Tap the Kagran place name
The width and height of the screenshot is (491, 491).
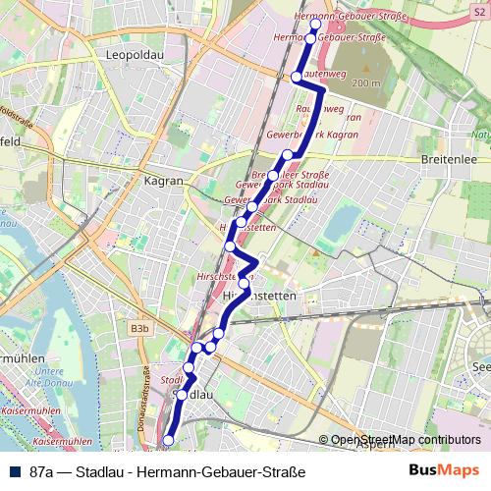tap(163, 182)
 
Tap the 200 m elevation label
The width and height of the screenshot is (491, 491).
tap(365, 83)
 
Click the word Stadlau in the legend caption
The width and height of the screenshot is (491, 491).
tap(104, 471)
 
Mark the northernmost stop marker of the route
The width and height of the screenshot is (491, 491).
tap(315, 25)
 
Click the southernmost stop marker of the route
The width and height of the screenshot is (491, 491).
tap(169, 441)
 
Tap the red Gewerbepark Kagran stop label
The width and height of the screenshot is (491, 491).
tap(312, 132)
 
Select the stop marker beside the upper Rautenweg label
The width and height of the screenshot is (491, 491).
tap(296, 76)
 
